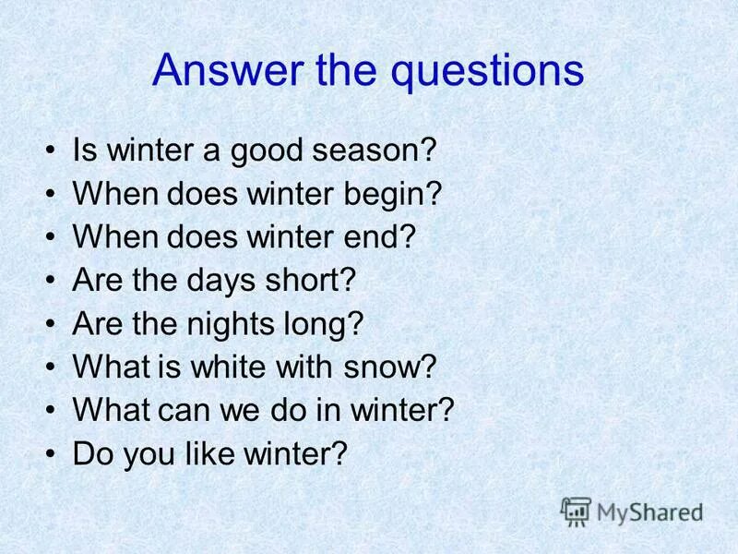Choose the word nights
click(239, 324)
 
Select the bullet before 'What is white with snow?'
click(50, 367)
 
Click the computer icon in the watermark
click(576, 510)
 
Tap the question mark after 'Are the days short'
click(346, 280)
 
